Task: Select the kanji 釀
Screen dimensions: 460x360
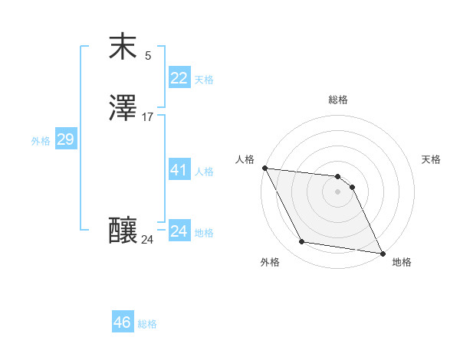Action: coord(123,231)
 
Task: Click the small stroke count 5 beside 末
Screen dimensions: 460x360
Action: coord(147,56)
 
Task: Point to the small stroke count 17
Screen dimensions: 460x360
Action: coord(147,117)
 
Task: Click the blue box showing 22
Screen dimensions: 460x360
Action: coord(179,78)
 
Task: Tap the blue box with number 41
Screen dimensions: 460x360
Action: coord(179,170)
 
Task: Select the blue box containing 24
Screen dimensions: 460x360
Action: coord(179,231)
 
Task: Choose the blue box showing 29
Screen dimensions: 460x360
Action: coord(65,139)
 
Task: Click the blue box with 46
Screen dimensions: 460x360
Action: coord(123,322)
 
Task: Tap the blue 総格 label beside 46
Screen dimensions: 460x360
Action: coord(147,324)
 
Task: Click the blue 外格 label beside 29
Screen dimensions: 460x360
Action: coord(41,141)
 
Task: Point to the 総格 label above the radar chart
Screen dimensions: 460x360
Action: coord(338,100)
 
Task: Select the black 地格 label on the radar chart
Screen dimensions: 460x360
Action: coord(402,263)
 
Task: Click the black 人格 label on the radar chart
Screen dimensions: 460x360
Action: coord(245,159)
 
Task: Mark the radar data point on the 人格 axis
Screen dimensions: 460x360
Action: coord(264,168)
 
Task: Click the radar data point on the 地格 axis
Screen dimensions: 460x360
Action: coord(381,253)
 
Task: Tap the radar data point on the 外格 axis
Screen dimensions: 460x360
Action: coord(302,242)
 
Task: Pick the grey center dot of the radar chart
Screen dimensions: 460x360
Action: coord(337,191)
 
